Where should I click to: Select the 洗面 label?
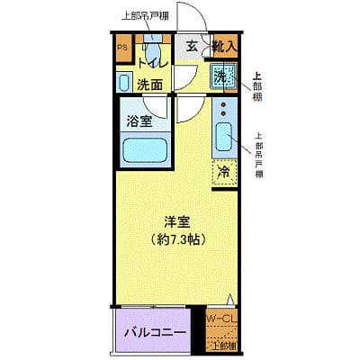(x=150, y=85)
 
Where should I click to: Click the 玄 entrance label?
(x=193, y=47)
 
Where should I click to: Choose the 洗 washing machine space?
(x=222, y=77)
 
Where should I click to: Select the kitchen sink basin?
(x=225, y=140)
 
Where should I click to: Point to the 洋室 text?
(x=176, y=221)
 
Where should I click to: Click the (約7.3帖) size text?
(x=176, y=240)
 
